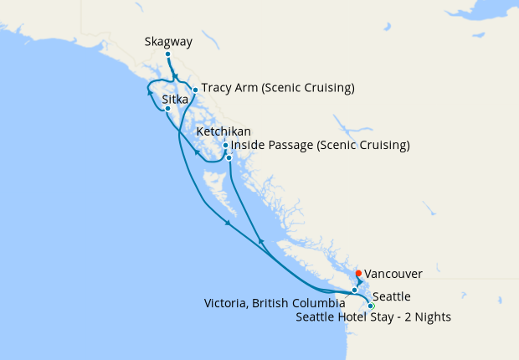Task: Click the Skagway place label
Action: point(167,40)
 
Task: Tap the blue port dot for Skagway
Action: point(167,55)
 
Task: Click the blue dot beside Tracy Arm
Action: point(195,90)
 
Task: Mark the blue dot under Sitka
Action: point(167,109)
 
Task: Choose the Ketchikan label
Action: point(223,132)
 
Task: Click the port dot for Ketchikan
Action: point(225,146)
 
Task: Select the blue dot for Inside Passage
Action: point(229,157)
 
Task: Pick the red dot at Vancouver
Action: point(358,273)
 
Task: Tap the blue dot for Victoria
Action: point(354,291)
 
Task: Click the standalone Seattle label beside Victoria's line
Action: point(392,296)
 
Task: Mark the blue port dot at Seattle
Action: point(371,306)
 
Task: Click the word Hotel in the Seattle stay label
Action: point(357,316)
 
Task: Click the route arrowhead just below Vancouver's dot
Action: point(359,281)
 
